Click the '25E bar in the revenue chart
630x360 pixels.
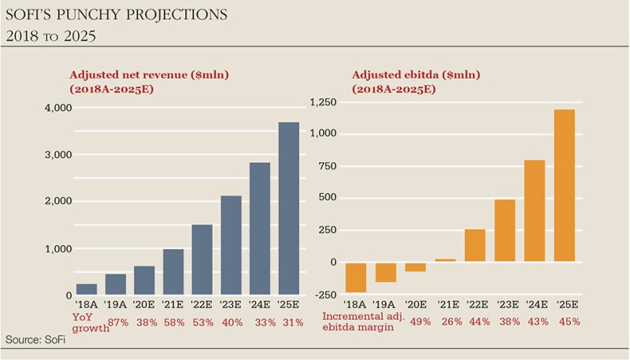(289, 209)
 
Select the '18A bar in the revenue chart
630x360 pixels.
(87, 289)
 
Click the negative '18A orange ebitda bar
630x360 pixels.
(355, 277)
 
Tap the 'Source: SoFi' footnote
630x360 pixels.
(34, 339)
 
